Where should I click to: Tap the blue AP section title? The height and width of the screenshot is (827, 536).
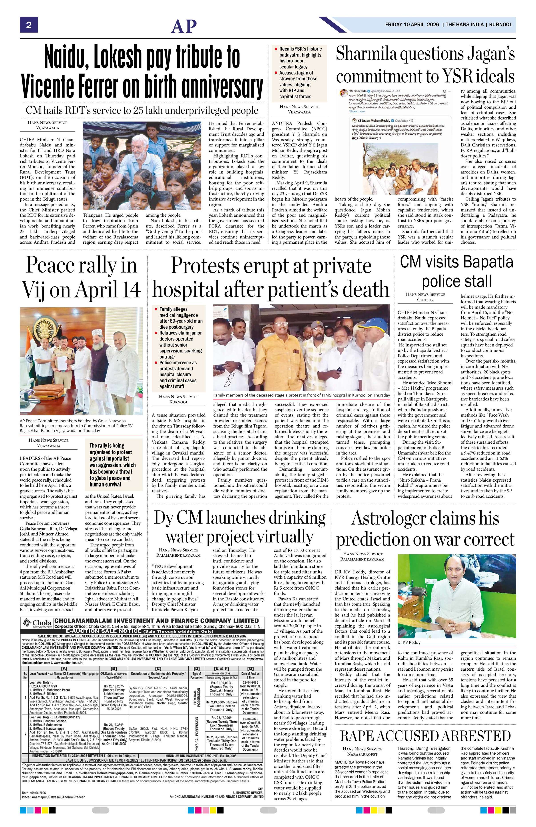[184, 26]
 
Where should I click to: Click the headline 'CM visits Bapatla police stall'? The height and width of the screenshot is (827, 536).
[456, 271]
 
